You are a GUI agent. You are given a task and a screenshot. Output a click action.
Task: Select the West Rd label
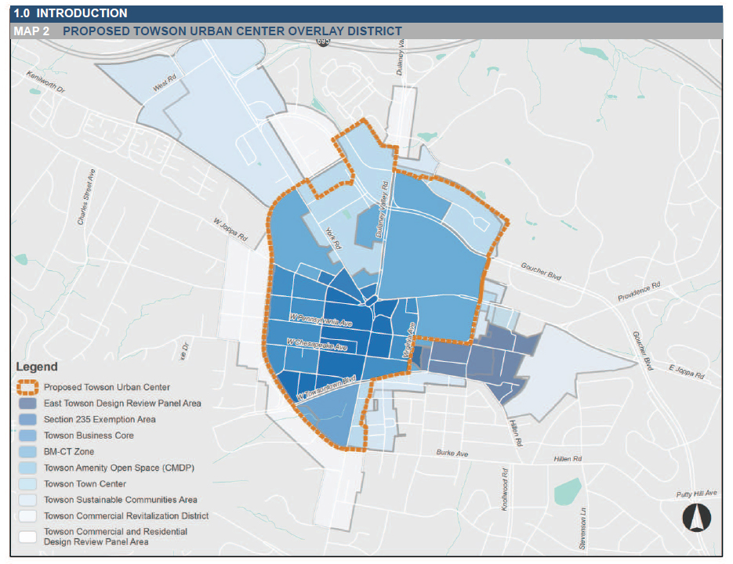165,85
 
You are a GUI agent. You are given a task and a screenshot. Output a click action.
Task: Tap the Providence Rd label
638,291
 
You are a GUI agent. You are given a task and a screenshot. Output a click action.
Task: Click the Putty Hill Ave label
697,493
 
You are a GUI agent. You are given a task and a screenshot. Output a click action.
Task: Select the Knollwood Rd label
505,490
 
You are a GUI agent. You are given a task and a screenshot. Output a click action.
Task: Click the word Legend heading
37,367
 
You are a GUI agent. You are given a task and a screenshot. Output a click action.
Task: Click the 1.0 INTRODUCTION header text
71,13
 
